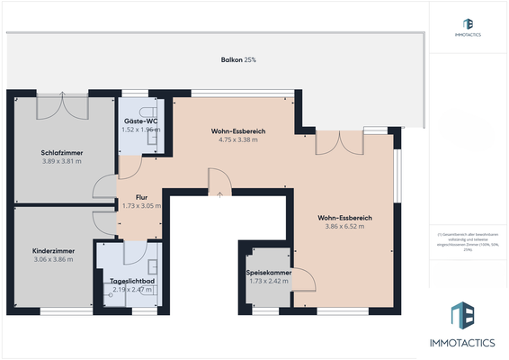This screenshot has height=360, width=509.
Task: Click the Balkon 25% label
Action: (238, 59)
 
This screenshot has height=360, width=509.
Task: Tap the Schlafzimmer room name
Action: (62, 153)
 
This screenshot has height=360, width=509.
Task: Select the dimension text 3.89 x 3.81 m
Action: (62, 162)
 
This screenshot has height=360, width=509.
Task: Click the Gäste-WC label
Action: (140, 121)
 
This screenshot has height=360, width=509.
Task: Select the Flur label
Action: (141, 196)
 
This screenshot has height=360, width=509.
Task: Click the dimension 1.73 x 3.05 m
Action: (141, 205)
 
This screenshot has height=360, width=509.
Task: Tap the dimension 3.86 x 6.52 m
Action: (345, 227)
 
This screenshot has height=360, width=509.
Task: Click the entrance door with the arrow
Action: (219, 184)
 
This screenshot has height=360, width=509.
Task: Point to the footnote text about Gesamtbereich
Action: (468, 240)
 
